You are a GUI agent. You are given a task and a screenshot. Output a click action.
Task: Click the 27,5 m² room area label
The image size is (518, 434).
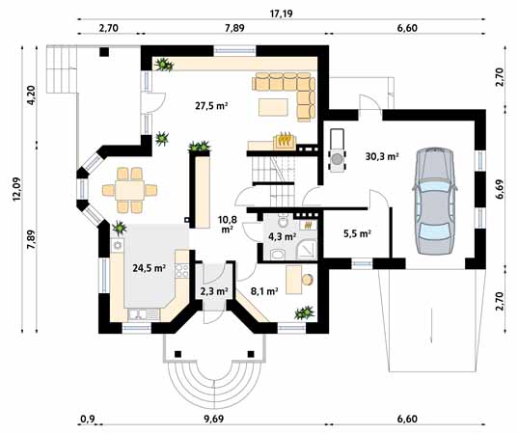(x=210, y=106)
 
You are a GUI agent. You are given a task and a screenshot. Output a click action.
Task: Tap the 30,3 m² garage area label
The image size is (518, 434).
(x=382, y=156)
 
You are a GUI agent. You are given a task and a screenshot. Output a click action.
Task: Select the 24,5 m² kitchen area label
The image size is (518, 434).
(x=149, y=268)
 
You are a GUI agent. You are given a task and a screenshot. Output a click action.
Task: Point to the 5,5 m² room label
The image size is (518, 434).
(x=357, y=233)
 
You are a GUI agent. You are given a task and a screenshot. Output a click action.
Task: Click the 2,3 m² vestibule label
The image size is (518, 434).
(x=214, y=291)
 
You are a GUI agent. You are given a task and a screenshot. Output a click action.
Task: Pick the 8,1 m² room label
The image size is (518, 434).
(x=264, y=291)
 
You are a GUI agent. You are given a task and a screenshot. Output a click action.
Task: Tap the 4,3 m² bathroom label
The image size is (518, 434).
(x=282, y=236)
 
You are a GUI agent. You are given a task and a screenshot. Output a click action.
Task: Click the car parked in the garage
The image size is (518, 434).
(x=435, y=201)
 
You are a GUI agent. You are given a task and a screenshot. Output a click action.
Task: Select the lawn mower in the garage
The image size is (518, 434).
(x=337, y=150)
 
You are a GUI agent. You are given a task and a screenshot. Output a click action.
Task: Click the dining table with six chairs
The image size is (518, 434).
(x=130, y=190)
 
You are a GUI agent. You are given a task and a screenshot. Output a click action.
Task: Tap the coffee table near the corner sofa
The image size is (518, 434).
(x=273, y=107)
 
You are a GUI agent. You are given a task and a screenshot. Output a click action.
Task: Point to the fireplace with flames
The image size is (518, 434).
(x=285, y=140)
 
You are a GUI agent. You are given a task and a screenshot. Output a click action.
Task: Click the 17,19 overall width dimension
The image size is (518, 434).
(x=281, y=14)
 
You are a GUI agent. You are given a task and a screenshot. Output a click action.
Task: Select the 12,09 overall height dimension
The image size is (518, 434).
(x=16, y=189)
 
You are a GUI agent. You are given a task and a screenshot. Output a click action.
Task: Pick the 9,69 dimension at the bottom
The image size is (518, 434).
(x=214, y=420)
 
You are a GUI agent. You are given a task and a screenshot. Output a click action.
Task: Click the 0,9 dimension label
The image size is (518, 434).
(x=88, y=420)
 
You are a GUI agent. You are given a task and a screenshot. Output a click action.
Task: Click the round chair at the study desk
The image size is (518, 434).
(x=308, y=280)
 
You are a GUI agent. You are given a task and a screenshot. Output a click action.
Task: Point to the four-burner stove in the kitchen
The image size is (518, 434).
(x=182, y=270)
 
